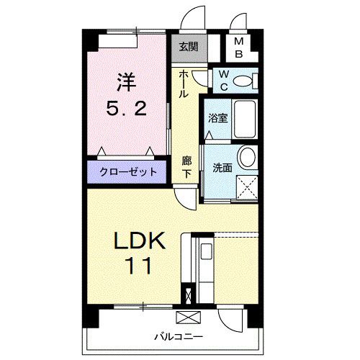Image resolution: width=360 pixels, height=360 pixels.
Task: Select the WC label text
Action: pyautogui.click(x=223, y=79)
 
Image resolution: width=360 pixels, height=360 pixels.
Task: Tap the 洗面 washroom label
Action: pyautogui.click(x=222, y=168)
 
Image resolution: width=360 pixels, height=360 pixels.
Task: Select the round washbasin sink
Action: pyautogui.click(x=246, y=156)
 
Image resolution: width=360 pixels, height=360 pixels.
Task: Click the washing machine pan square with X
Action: pyautogui.click(x=246, y=186)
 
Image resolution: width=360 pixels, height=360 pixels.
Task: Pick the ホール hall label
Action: pyautogui.click(x=184, y=84)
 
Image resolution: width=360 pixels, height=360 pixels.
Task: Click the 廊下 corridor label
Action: pyautogui.click(x=186, y=168)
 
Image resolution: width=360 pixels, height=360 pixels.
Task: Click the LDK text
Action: pyautogui.click(x=140, y=241)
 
